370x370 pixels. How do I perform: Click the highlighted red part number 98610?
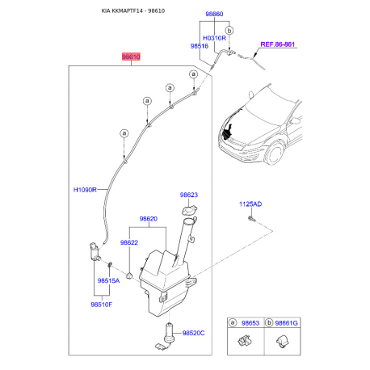(131, 57)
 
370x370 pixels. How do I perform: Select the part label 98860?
(214, 14)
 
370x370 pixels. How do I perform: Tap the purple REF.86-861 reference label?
(278, 44)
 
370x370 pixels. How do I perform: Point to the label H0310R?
(214, 38)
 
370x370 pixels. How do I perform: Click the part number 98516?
(200, 46)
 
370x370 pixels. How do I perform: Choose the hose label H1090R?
(85, 190)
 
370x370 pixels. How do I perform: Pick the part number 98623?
(189, 195)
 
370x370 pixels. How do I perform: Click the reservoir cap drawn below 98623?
(189, 210)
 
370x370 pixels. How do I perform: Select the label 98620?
(149, 219)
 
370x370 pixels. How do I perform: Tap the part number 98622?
(129, 242)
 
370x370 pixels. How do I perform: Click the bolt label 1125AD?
(250, 204)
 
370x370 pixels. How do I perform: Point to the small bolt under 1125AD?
(251, 218)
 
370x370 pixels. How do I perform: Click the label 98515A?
(108, 280)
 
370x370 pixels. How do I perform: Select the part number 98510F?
(102, 305)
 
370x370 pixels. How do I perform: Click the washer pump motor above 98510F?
(95, 251)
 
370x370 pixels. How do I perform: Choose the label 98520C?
(193, 333)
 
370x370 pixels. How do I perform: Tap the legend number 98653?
(250, 323)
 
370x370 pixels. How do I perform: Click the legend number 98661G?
(287, 323)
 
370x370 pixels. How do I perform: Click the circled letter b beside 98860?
(229, 31)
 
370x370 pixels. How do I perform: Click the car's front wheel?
(275, 153)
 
